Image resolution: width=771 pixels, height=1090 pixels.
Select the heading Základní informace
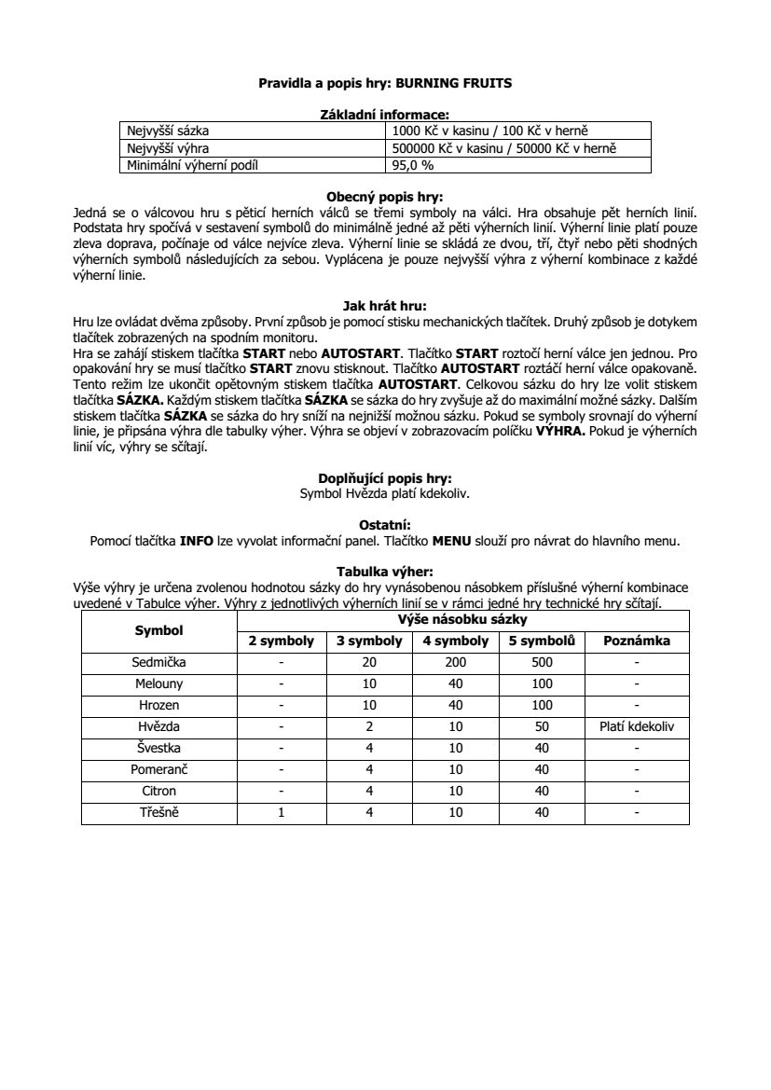[384, 114]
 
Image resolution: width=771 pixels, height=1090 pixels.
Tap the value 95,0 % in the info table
[413, 166]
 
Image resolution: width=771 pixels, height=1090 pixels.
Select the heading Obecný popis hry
[384, 197]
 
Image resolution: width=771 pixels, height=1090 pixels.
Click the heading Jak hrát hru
[384, 304]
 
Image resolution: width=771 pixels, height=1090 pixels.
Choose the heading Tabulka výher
[384, 572]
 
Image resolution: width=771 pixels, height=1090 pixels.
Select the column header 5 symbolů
[542, 642]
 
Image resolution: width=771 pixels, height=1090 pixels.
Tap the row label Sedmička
[159, 663]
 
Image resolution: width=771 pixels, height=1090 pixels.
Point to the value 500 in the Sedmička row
[542, 663]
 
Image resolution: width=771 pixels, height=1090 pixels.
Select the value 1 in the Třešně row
[281, 813]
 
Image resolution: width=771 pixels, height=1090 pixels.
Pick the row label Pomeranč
[159, 770]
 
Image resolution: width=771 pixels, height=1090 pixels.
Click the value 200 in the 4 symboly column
[455, 663]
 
